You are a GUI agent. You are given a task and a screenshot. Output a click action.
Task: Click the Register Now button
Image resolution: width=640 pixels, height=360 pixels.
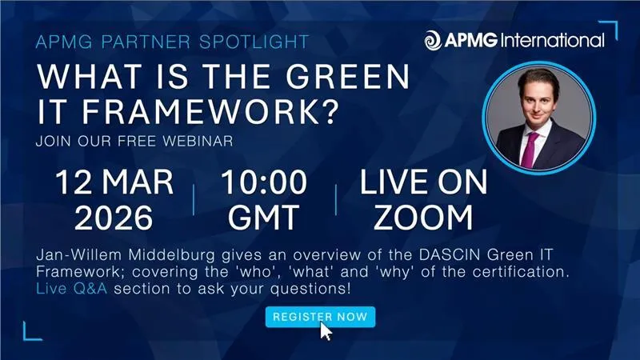[x=320, y=317]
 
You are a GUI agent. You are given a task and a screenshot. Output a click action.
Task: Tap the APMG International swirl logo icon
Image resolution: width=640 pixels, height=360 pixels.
[x=433, y=39]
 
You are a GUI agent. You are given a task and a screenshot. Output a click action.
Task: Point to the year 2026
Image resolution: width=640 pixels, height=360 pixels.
[x=114, y=216]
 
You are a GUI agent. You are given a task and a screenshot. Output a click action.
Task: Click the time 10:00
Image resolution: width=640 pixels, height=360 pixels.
[x=264, y=182]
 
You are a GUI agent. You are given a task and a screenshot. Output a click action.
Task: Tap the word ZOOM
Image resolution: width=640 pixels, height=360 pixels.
[x=423, y=216]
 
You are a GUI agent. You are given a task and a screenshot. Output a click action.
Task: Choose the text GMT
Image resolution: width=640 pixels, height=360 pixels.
[x=264, y=216]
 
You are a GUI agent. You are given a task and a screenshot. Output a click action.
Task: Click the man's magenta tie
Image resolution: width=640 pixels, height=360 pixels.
[x=530, y=145]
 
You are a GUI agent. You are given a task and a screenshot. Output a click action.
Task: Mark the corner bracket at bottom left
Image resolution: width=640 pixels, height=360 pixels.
[x=32, y=330]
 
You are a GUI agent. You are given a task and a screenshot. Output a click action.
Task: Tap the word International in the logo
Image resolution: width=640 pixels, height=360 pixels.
[x=551, y=39]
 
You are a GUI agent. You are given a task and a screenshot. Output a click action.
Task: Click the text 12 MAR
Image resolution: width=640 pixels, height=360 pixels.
[x=114, y=182]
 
